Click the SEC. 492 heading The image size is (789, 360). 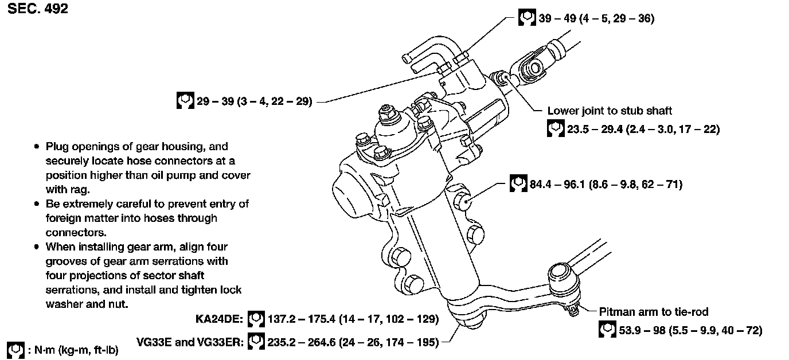[x=38, y=9]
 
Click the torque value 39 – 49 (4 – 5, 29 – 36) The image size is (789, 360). [x=596, y=18]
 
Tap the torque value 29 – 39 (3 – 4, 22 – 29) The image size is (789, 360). [x=253, y=102]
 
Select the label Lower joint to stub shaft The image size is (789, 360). [x=610, y=111]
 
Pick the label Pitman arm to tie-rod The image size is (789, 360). [x=654, y=312]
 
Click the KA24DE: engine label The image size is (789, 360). [x=220, y=319]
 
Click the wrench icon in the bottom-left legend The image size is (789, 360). [x=15, y=350]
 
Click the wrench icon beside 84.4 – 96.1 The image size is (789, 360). [x=518, y=184]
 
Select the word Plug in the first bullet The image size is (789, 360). [x=56, y=147]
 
